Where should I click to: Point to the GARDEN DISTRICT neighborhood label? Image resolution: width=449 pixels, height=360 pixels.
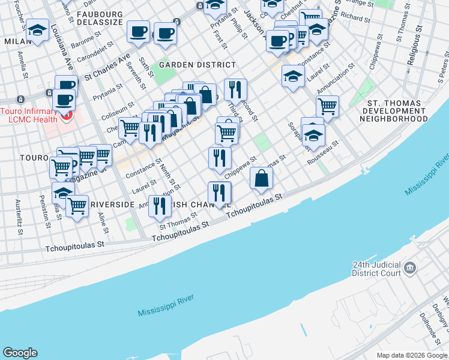coord(197,65)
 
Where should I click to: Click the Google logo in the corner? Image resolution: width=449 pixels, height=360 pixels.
coord(20,353)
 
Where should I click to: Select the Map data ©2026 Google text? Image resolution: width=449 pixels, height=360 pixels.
coord(411,355)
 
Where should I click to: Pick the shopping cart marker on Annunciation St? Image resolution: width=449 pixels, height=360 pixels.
coord(327,106)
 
